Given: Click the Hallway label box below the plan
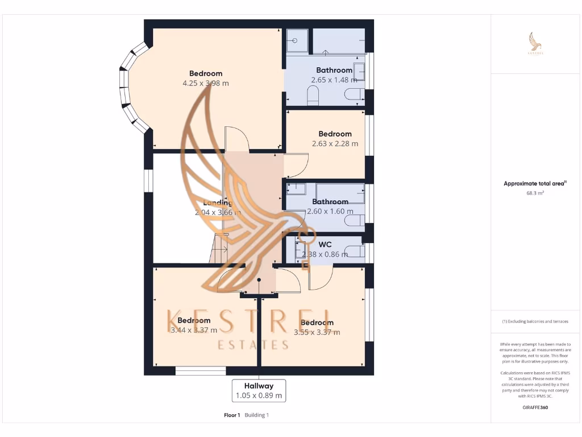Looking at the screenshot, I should click(259, 390).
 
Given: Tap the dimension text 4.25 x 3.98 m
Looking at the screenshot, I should click(206, 83).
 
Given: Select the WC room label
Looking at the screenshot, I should click(325, 245).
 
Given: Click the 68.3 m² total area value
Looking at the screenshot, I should click(535, 193).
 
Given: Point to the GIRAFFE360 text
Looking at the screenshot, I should click(535, 407).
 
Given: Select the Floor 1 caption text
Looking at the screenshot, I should click(232, 415).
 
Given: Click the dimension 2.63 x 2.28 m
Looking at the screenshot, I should click(335, 144).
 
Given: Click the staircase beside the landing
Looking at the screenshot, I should click(219, 249).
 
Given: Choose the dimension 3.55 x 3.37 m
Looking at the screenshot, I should click(317, 332).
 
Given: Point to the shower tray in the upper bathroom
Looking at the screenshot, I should click(296, 40).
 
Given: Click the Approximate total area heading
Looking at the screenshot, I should click(535, 184).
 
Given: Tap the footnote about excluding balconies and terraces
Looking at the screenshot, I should click(535, 321).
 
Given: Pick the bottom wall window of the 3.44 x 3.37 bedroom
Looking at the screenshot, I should click(201, 371).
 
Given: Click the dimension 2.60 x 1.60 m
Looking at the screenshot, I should click(330, 211).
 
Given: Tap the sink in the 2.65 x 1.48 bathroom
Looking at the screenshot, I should click(359, 72).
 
